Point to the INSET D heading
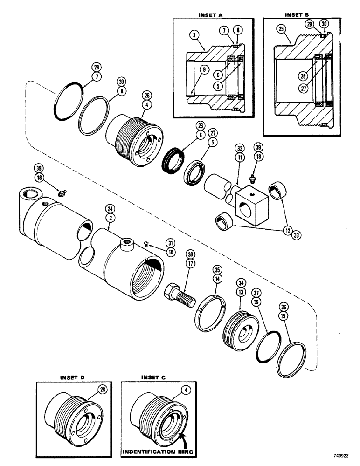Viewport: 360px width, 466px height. point(71,377)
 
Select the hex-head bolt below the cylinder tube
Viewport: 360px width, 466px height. point(178,293)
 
